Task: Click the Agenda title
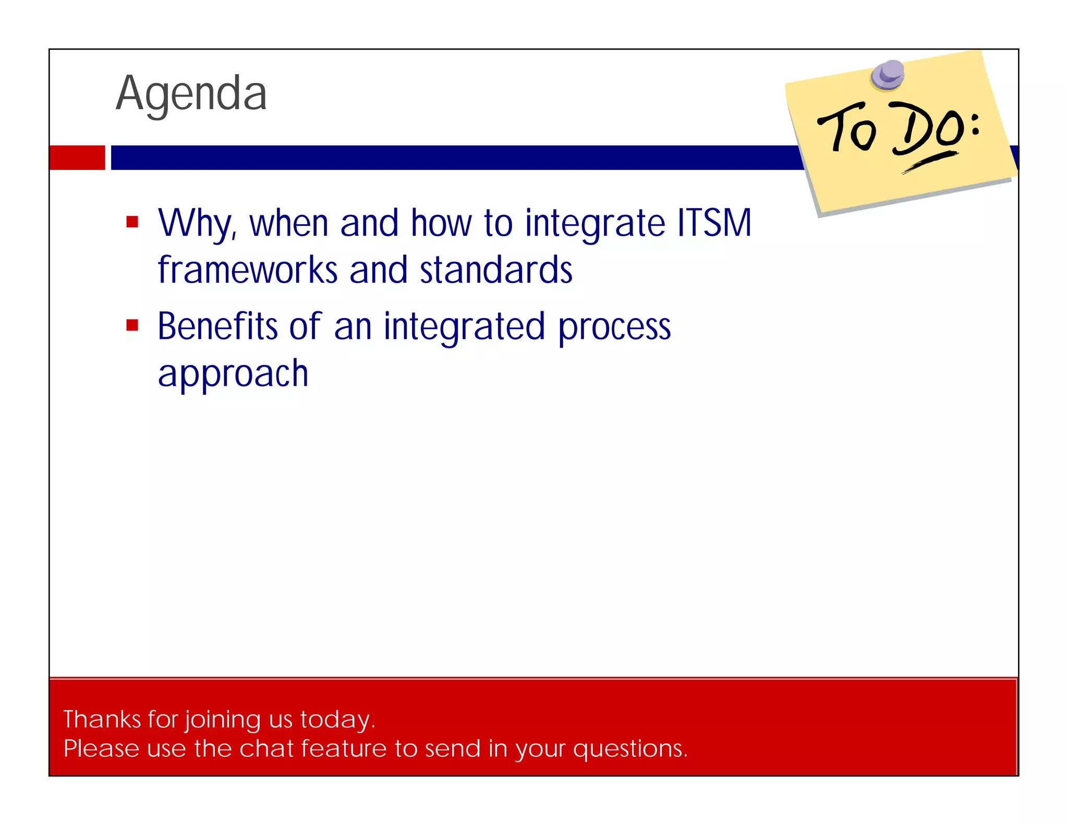coord(191,94)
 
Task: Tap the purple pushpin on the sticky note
coord(888,75)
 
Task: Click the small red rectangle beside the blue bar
coord(77,157)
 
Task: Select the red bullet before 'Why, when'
coord(132,222)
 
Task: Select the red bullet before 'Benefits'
coord(132,325)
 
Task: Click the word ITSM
coord(714,223)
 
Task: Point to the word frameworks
coord(248,270)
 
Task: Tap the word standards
coord(496,270)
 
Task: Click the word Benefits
coord(217,326)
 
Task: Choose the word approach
coord(233,374)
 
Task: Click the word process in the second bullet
coord(614,327)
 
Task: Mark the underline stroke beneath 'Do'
coord(931,162)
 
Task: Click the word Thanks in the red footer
coord(102,719)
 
